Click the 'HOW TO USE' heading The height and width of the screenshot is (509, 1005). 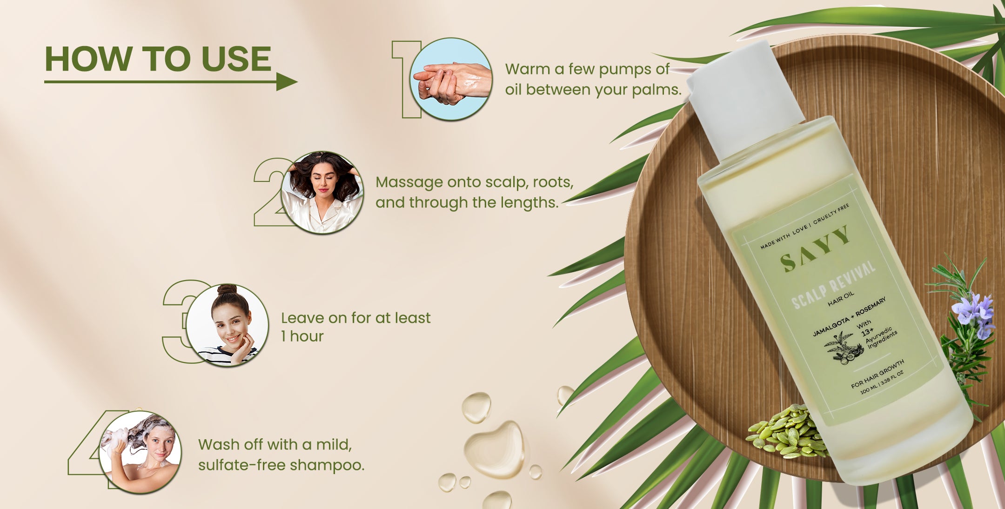(x=158, y=59)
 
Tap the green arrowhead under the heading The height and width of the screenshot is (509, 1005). (x=287, y=82)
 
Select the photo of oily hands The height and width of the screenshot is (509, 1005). (x=451, y=79)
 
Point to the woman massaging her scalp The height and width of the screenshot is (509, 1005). (x=322, y=192)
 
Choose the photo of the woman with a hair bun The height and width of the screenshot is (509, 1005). (x=228, y=325)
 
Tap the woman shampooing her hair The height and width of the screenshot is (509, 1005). (x=141, y=452)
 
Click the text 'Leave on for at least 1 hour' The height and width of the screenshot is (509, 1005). (x=356, y=327)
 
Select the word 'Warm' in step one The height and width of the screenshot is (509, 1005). (x=528, y=69)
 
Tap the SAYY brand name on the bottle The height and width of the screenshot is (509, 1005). (x=815, y=249)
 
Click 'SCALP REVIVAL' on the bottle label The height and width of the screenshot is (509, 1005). (x=833, y=285)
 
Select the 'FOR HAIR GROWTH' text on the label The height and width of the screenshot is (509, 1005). (x=878, y=374)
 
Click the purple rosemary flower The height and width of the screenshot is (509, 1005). (x=973, y=314)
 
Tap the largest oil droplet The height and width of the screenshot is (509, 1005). (x=494, y=449)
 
